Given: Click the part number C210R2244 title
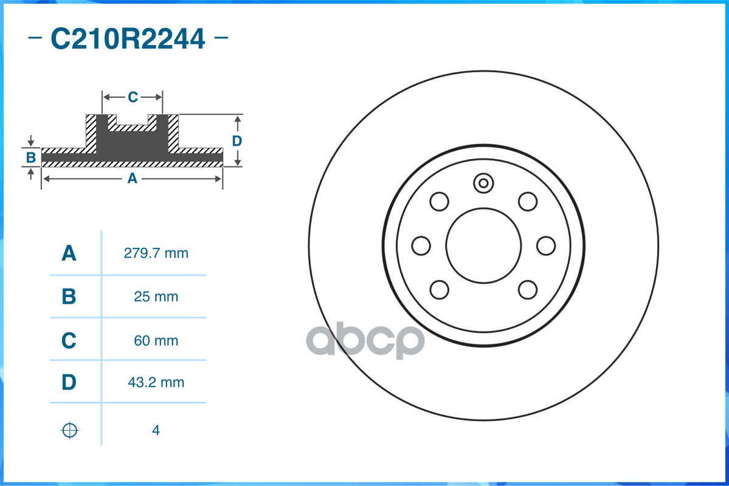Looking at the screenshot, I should click(x=128, y=39).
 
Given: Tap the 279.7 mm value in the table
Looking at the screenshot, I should click(x=156, y=253).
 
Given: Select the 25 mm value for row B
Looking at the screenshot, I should click(x=156, y=297).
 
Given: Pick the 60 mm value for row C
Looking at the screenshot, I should click(x=156, y=341).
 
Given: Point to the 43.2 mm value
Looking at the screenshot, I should click(x=156, y=383).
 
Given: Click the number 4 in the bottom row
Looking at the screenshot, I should click(x=156, y=431).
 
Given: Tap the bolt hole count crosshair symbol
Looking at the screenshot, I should click(x=70, y=431).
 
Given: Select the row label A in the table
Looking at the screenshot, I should click(x=69, y=253).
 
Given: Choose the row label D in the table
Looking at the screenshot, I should click(x=69, y=383).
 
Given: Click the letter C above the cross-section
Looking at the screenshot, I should click(x=133, y=97).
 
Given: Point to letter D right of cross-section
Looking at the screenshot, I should click(x=237, y=141).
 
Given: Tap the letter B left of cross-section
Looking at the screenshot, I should click(x=31, y=158).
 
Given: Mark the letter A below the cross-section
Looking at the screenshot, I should click(x=131, y=179).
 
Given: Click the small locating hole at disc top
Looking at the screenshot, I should click(x=483, y=182).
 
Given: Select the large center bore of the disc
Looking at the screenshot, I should click(x=483, y=245).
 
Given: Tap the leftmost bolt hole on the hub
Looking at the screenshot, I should click(x=421, y=245).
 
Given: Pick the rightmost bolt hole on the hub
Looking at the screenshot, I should click(x=546, y=245).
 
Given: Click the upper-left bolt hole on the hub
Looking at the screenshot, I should click(x=439, y=201).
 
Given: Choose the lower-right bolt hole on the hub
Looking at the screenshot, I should click(x=528, y=290).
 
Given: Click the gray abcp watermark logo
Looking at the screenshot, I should click(x=365, y=341).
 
